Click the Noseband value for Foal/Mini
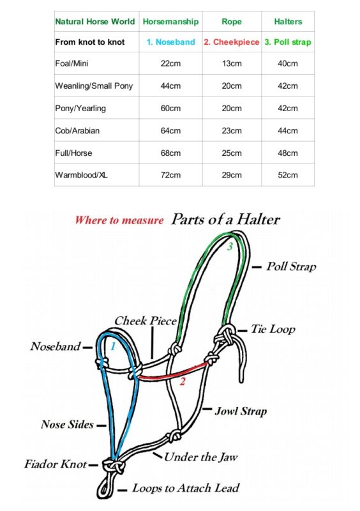(170, 63)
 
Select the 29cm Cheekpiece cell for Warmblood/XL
(232, 175)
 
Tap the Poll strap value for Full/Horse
(288, 153)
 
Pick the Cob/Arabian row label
(77, 131)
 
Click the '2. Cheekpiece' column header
(232, 42)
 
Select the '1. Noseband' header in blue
(170, 42)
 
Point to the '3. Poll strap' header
(288, 42)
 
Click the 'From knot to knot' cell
(90, 42)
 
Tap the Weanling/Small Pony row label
(94, 86)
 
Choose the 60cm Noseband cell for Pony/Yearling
(170, 108)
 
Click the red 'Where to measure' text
(119, 220)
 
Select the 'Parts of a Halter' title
(225, 219)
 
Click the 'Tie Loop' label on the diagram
(273, 329)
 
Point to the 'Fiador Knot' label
(56, 464)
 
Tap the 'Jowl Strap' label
(241, 411)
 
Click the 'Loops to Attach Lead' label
(186, 488)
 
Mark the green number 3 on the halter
(230, 247)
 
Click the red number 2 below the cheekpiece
(183, 381)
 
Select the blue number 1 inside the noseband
(113, 346)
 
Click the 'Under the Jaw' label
(200, 457)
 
